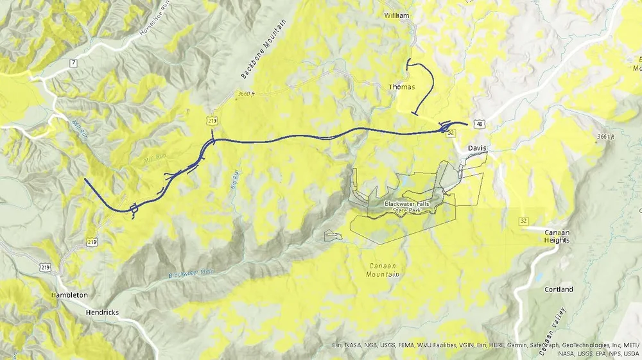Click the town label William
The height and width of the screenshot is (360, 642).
click(396, 15)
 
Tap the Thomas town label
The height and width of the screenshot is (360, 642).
click(401, 87)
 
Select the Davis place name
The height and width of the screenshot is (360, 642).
click(477, 148)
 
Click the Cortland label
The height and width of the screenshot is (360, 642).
click(559, 289)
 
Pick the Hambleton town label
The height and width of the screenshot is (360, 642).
click(69, 295)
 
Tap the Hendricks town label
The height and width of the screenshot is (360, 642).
click(103, 313)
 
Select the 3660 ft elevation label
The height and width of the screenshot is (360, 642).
click(246, 94)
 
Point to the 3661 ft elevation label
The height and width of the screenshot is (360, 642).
click(605, 137)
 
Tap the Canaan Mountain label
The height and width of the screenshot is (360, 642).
click(385, 270)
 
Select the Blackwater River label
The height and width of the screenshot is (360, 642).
click(191, 273)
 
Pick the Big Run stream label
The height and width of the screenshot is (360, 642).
click(234, 179)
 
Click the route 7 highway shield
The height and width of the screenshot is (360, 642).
click(74, 62)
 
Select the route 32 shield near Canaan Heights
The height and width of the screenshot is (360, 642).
click(525, 221)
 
